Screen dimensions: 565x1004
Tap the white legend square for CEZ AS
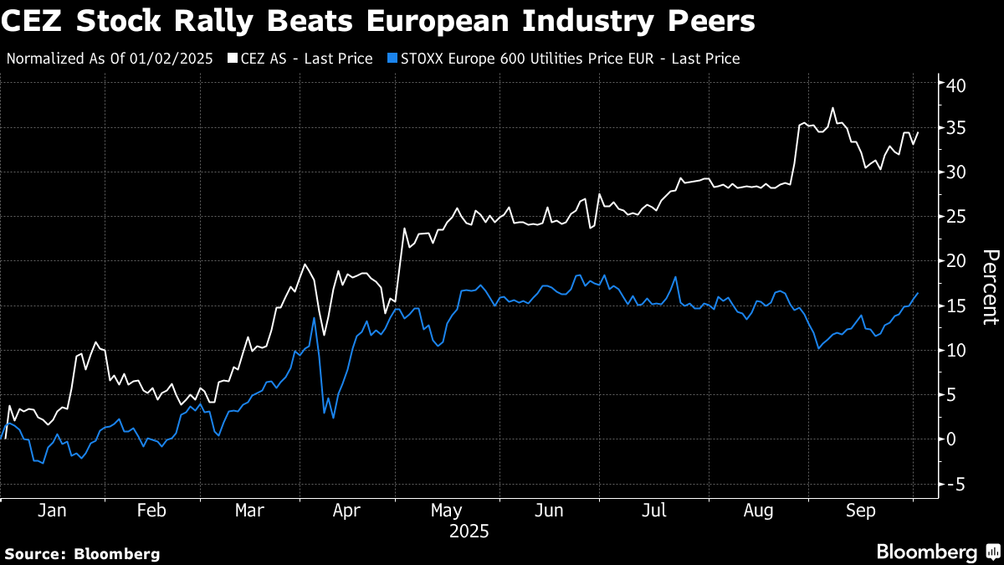pos(233,59)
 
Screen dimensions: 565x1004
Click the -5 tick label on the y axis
pos(955,484)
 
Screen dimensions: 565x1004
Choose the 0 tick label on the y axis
pos(952,439)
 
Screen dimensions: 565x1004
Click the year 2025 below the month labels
pos(469,532)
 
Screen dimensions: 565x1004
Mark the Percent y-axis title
pos(991,287)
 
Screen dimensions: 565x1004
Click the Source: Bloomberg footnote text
pos(83,553)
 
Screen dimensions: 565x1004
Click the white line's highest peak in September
pos(832,108)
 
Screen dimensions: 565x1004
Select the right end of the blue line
pos(918,293)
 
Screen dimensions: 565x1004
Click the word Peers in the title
pos(715,21)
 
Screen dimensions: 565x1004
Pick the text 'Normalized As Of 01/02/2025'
pos(110,59)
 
